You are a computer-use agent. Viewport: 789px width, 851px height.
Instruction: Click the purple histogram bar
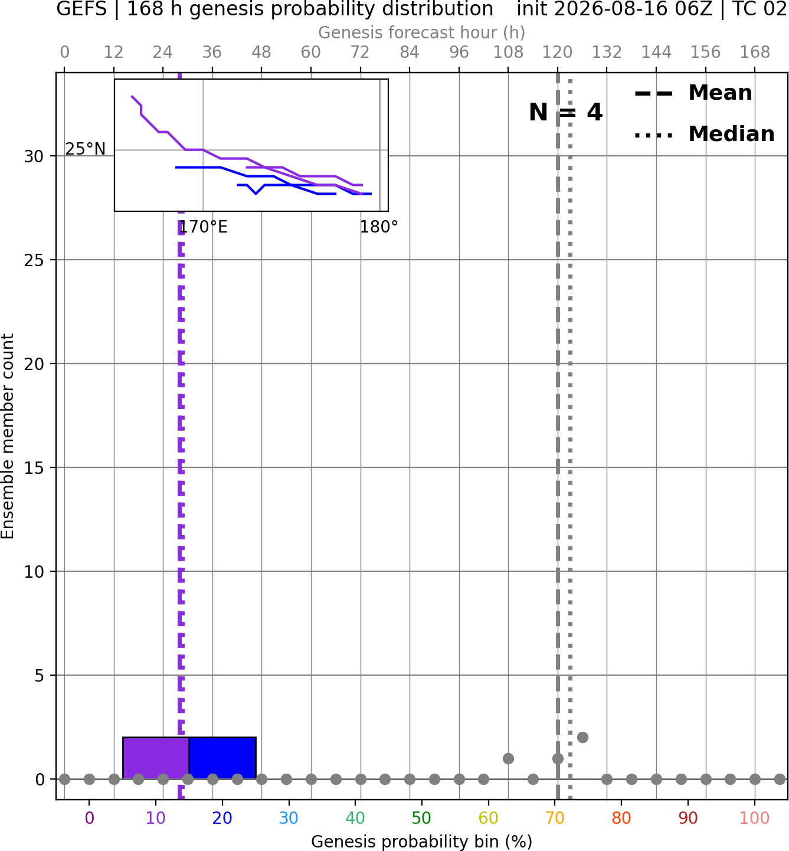[x=156, y=758]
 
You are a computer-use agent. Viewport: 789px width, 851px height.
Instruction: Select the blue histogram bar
[x=222, y=758]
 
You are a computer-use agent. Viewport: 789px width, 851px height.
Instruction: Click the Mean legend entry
[x=693, y=93]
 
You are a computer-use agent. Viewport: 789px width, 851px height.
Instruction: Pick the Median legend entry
[x=704, y=134]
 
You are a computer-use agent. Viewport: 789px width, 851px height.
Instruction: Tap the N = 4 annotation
[x=566, y=112]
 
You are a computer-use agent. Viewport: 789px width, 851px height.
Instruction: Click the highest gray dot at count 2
[x=582, y=737]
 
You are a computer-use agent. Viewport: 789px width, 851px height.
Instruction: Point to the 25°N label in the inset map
[x=86, y=149]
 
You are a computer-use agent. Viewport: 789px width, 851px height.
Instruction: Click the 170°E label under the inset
[x=203, y=227]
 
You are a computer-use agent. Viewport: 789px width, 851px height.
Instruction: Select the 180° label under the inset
[x=378, y=227]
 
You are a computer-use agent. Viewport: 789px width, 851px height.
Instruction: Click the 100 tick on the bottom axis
[x=755, y=817]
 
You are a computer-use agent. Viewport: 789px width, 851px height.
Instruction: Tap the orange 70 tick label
[x=555, y=817]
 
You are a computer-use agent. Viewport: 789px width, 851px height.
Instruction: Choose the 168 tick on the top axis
[x=755, y=53]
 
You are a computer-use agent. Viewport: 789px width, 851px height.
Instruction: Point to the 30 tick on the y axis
[x=34, y=156]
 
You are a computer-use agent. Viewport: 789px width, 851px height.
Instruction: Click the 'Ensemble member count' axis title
[x=8, y=436]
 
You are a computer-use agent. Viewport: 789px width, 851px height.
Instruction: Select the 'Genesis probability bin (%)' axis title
[x=422, y=842]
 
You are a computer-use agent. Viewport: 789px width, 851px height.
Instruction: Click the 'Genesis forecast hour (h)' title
[x=422, y=32]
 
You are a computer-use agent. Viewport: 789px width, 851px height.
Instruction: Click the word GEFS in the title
[x=81, y=9]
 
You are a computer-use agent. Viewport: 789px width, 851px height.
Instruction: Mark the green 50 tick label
[x=422, y=817]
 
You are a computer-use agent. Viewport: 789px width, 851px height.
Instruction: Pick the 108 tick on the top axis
[x=508, y=53]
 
